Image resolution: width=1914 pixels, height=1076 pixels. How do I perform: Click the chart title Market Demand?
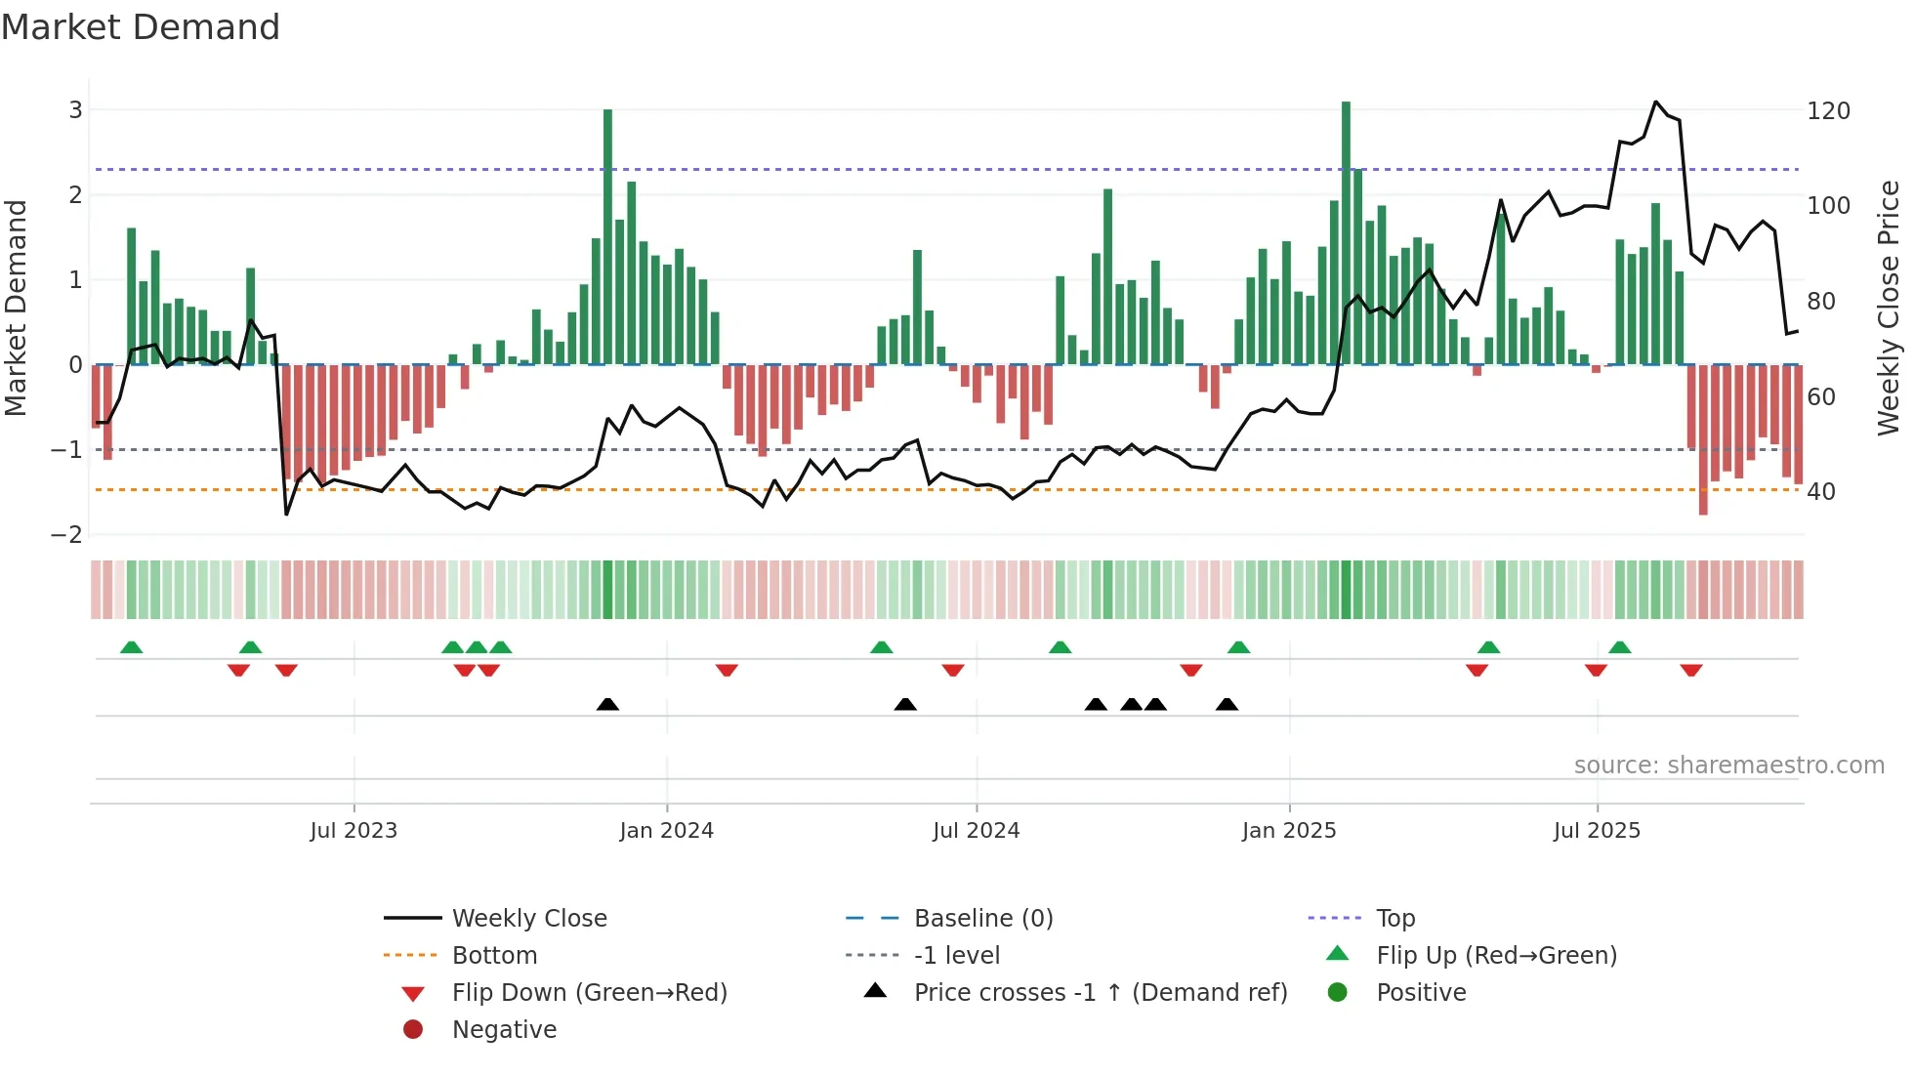point(141,27)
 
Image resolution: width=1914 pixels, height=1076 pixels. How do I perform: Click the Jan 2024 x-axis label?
point(666,831)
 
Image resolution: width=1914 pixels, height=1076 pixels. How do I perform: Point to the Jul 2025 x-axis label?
point(1597,831)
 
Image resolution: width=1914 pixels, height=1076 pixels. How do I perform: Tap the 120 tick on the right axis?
point(1828,111)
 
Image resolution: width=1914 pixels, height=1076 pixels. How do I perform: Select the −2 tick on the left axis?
point(67,535)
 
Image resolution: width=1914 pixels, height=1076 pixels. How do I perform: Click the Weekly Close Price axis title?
point(1889,308)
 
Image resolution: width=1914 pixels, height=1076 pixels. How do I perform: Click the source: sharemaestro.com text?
point(1728,766)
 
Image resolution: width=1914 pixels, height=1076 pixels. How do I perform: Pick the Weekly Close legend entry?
point(528,919)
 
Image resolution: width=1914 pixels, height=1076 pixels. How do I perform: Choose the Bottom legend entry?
point(494,956)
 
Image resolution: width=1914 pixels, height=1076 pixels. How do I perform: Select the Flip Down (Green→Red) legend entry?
point(589,993)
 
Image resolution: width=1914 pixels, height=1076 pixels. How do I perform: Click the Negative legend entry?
point(504,1030)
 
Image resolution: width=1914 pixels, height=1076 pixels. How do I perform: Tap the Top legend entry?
point(1395,919)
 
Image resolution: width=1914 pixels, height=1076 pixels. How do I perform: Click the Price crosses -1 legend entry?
point(1100,993)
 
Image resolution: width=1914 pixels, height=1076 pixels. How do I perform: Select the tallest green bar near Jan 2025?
point(1346,234)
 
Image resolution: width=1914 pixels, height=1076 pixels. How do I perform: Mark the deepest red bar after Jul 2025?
point(1703,439)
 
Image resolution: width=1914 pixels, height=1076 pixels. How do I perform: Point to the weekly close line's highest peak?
point(1655,103)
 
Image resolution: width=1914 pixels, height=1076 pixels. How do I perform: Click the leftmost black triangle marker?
point(607,705)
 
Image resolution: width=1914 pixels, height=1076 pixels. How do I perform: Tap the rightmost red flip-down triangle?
point(1691,670)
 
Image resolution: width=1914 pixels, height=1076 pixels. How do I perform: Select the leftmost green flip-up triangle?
point(131,647)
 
